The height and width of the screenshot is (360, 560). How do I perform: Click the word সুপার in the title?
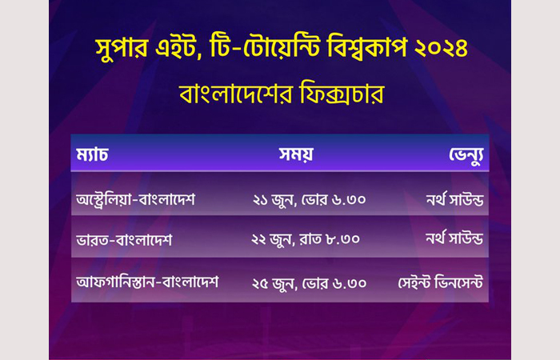tap(122, 48)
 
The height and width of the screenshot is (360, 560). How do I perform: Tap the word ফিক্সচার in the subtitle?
tap(342, 93)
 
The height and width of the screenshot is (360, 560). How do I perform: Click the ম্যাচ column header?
tap(92, 154)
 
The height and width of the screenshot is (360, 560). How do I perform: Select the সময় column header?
tap(296, 154)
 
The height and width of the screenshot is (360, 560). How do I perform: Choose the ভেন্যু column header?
tap(466, 155)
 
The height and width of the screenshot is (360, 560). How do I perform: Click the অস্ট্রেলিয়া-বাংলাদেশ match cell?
tap(136, 199)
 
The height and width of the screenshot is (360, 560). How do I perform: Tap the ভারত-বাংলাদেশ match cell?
tap(124, 240)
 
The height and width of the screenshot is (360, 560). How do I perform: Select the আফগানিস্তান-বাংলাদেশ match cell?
tap(147, 282)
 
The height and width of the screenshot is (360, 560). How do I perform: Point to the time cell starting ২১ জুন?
tap(310, 200)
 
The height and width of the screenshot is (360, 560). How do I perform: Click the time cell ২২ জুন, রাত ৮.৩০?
tap(306, 239)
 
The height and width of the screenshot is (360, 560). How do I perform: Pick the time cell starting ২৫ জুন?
tap(310, 283)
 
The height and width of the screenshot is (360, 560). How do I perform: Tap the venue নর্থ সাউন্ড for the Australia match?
tap(454, 199)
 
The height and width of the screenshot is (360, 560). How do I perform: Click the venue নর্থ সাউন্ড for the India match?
tap(454, 238)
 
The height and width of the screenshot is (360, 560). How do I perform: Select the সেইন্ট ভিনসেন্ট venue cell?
tap(440, 282)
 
